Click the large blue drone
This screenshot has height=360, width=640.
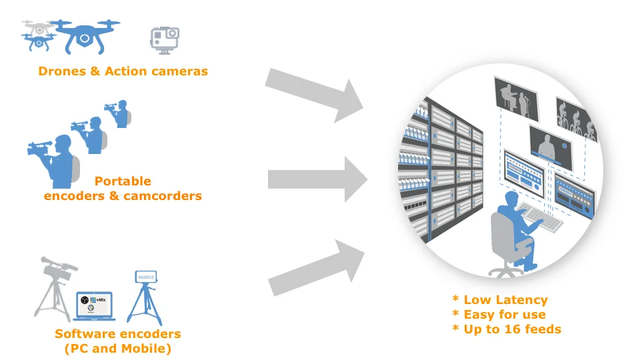(83, 36)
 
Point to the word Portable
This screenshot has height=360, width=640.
(123, 181)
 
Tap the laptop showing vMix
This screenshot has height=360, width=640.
(94, 306)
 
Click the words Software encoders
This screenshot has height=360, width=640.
(117, 334)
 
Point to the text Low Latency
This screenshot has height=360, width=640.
(505, 300)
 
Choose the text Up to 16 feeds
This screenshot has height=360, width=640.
(512, 329)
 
